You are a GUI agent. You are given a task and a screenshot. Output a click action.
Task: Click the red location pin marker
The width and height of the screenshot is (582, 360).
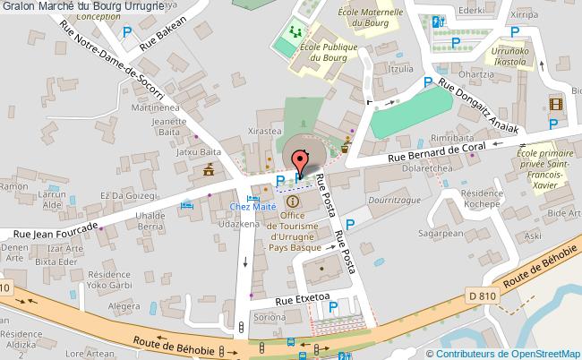coord(299,159)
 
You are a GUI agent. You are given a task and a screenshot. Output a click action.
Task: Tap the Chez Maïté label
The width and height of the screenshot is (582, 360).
coord(252,206)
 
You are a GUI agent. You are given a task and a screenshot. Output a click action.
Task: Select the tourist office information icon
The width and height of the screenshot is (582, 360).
coord(292,201)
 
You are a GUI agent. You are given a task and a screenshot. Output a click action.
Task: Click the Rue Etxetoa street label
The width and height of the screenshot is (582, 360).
coord(303,300)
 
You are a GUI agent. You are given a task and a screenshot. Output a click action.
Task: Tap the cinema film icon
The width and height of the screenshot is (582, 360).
coord(556,104)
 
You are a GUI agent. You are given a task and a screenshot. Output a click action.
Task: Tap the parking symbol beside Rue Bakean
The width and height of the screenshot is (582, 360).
coord(128,33)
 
